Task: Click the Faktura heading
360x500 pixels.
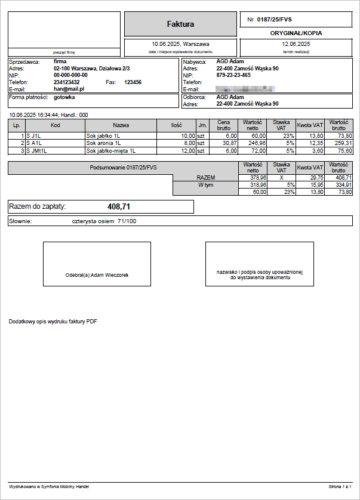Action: coord(180,24)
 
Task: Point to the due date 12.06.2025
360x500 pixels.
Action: coord(296,44)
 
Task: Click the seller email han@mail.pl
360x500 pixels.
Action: coord(69,88)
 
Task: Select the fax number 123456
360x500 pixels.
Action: coord(133,82)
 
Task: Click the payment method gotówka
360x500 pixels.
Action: coord(64,97)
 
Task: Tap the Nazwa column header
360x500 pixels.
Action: coord(121,125)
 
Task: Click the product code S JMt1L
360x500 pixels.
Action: coord(36,150)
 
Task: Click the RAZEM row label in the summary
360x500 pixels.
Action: coord(205,177)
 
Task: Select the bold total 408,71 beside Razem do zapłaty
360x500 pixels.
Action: coord(119,206)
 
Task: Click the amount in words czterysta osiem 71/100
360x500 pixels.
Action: coord(104,221)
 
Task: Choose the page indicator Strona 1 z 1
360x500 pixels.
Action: coord(340,487)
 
